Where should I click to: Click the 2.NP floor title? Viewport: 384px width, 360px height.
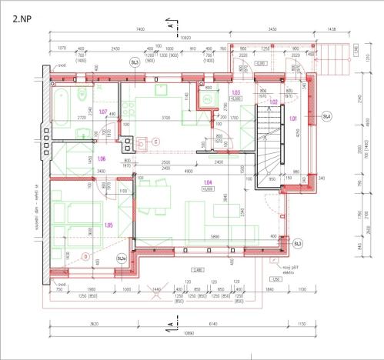click(22, 14)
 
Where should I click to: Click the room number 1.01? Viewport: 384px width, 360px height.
click(293, 118)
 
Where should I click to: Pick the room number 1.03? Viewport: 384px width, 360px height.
click(236, 92)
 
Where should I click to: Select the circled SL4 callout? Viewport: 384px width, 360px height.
click(326, 117)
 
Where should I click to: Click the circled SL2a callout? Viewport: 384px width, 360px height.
click(122, 259)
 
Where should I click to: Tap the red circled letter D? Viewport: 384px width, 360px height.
click(85, 256)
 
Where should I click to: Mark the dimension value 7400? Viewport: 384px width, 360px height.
click(139, 28)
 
